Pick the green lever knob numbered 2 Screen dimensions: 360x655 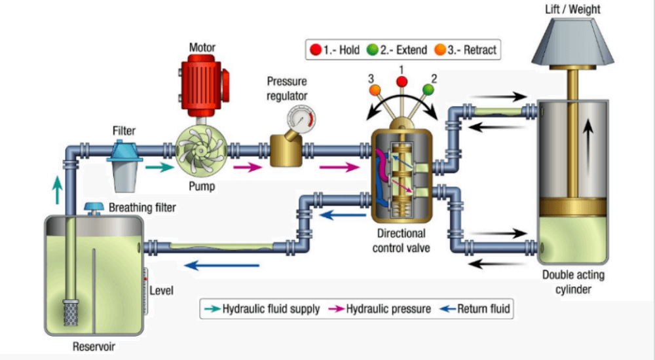pos(428,88)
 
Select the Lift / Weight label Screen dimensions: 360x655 pos(572,9)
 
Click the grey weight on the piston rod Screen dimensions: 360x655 pos(572,43)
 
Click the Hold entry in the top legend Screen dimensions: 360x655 pos(340,50)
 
